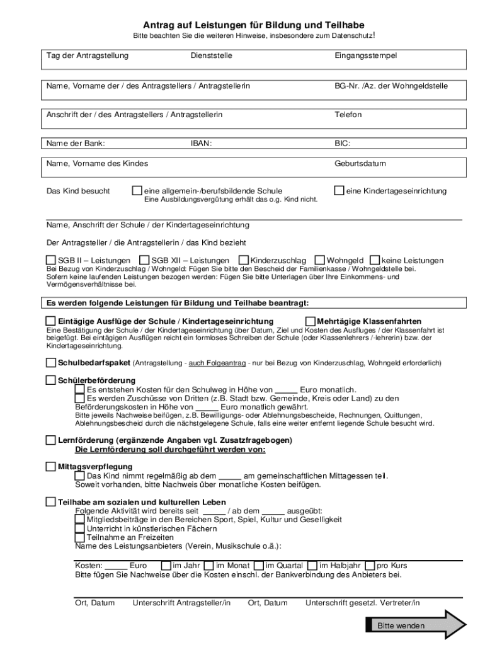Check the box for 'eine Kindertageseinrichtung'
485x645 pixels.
pyautogui.click(x=339, y=190)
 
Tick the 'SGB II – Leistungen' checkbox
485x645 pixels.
pyautogui.click(x=51, y=260)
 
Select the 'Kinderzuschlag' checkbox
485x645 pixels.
pyautogui.click(x=243, y=260)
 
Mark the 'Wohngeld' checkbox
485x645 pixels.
pyautogui.click(x=320, y=260)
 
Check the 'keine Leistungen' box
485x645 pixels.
pyautogui.click(x=375, y=260)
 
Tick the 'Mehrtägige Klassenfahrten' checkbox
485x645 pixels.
pyautogui.click(x=311, y=321)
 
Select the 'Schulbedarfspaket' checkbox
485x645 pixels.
pyautogui.click(x=51, y=363)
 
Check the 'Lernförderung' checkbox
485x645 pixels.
pyautogui.click(x=51, y=440)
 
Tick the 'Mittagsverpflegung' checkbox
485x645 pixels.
pyautogui.click(x=51, y=467)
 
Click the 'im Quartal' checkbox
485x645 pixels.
pyautogui.click(x=260, y=565)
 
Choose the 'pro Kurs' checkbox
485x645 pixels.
pyautogui.click(x=370, y=565)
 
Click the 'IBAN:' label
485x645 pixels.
pyautogui.click(x=201, y=143)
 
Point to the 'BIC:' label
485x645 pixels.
pyautogui.click(x=343, y=143)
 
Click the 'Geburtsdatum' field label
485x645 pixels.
pyautogui.click(x=360, y=164)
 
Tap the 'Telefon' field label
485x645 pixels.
pyautogui.click(x=348, y=115)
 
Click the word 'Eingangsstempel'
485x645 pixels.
pyautogui.click(x=366, y=56)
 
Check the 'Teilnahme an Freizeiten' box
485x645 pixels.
pyautogui.click(x=79, y=537)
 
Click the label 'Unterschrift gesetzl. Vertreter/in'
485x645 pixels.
pyautogui.click(x=363, y=603)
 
